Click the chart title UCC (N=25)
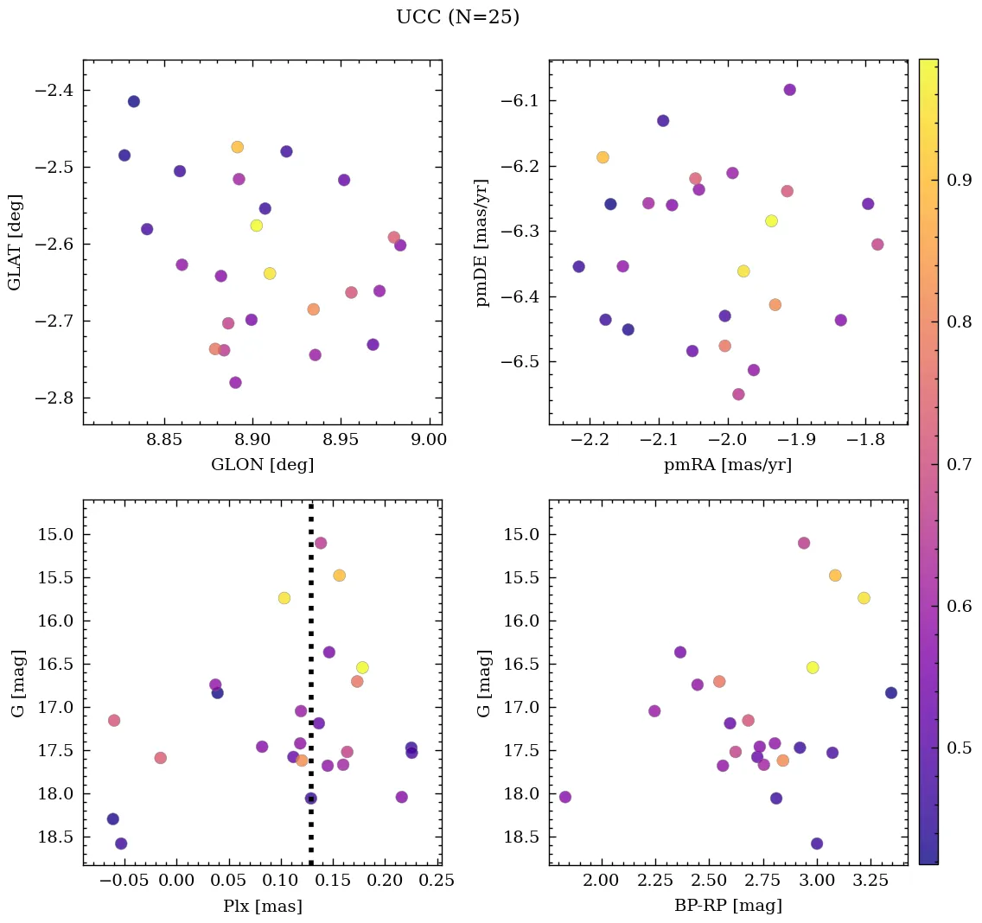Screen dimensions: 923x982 coord(457,17)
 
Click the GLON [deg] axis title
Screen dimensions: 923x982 coord(262,465)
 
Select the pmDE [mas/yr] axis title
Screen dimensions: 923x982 coord(482,243)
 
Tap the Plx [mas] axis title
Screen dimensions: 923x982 coord(262,906)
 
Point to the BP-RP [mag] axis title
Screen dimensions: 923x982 coord(728,906)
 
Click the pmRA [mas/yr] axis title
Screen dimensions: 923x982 coord(728,465)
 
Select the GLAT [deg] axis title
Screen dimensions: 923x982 coord(15,243)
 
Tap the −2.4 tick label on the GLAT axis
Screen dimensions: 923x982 coord(54,91)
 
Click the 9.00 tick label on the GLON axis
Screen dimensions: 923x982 coord(428,439)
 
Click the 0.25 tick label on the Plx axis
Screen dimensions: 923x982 coord(437,880)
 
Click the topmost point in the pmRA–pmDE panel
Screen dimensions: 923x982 coord(789,90)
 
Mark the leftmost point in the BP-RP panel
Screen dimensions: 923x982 coord(565,797)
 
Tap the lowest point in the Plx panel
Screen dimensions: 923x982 coord(121,843)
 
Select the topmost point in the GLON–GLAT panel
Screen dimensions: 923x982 coord(133,101)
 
